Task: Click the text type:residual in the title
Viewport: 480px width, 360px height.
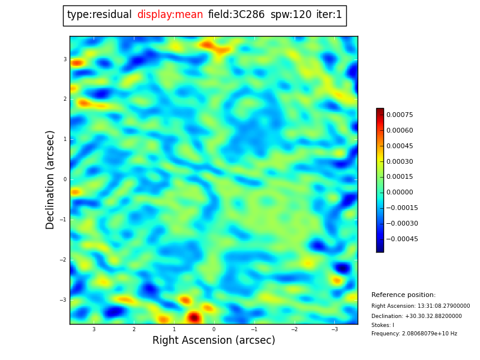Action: (99, 15)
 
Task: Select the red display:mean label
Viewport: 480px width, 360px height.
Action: (170, 15)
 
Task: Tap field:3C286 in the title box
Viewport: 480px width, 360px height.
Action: (236, 15)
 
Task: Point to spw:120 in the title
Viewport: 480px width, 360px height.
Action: (290, 15)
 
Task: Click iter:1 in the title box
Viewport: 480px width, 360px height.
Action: (329, 15)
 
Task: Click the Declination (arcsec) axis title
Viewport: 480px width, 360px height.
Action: (50, 179)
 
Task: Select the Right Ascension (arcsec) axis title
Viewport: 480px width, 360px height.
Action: (214, 341)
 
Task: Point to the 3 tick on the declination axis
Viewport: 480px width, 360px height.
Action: (65, 59)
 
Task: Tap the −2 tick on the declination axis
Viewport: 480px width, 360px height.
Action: (63, 260)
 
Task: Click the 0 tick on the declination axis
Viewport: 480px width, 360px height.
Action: (65, 179)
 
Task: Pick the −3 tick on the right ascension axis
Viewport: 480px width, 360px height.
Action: (334, 329)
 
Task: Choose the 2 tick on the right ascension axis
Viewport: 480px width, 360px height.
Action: (134, 329)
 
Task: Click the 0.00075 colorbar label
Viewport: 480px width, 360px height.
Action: (399, 115)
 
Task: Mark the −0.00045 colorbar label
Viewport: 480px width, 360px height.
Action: (401, 239)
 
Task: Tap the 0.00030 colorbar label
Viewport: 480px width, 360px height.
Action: (399, 161)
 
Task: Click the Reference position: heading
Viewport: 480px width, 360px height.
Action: (403, 295)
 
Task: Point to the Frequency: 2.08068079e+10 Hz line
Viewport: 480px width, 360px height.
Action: (414, 334)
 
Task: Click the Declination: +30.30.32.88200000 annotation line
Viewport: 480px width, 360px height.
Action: (416, 316)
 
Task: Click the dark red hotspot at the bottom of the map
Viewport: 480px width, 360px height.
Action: (193, 317)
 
